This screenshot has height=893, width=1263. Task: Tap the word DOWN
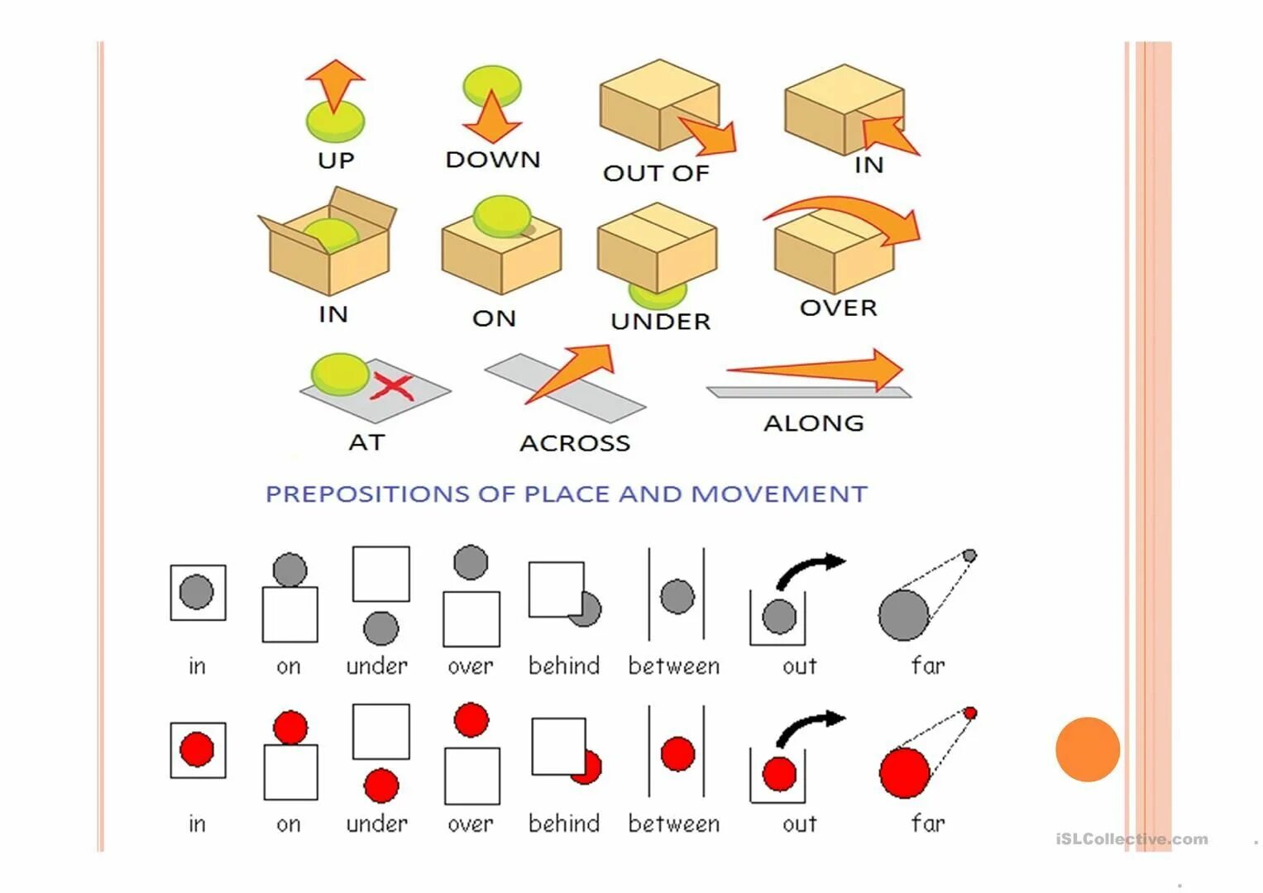(493, 160)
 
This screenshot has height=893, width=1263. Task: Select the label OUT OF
(656, 174)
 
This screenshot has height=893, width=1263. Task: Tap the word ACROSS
(575, 443)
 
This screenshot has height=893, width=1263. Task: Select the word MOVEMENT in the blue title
(779, 494)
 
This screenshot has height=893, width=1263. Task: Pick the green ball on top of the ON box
(501, 215)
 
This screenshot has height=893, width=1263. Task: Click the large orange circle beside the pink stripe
(1088, 749)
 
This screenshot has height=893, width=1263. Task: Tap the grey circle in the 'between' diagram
(677, 596)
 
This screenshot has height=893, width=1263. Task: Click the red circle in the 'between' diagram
(678, 754)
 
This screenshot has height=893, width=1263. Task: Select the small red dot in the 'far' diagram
(970, 713)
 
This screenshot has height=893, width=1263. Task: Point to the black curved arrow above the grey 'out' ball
(810, 568)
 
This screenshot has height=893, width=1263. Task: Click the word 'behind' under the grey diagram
(564, 666)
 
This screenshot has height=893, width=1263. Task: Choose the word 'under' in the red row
(377, 824)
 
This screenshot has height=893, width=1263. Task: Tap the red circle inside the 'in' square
(197, 749)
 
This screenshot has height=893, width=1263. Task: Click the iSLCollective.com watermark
(1131, 839)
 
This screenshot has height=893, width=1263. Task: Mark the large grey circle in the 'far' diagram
(903, 615)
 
